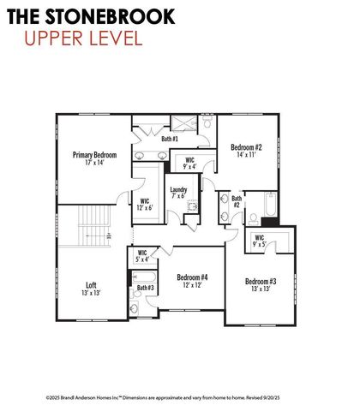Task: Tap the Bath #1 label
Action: [x=170, y=139]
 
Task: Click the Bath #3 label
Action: [x=146, y=288]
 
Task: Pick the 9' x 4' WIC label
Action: [x=190, y=163]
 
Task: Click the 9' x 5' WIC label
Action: [x=260, y=241]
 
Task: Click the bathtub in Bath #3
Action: [x=144, y=277]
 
